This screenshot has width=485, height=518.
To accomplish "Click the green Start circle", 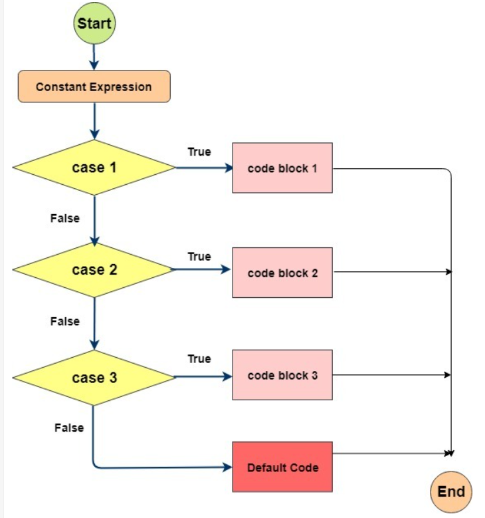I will pyautogui.click(x=94, y=23).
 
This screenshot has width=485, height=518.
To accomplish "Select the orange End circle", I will pyautogui.click(x=450, y=492).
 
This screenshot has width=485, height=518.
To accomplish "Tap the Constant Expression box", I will pyautogui.click(x=94, y=87).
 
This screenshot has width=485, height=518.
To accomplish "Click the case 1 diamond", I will pyautogui.click(x=94, y=168).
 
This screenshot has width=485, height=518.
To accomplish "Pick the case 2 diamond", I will pyautogui.click(x=94, y=270).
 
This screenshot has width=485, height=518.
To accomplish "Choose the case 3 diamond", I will pyautogui.click(x=94, y=378).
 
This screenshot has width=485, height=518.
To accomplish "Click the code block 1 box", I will pyautogui.click(x=282, y=168).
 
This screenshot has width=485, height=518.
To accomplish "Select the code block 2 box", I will pyautogui.click(x=282, y=273).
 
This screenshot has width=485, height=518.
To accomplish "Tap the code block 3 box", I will pyautogui.click(x=282, y=376).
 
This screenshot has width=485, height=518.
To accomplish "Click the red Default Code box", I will pyautogui.click(x=282, y=467).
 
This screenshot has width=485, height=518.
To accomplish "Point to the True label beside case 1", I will pyautogui.click(x=199, y=152).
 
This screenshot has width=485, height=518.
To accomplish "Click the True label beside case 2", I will pyautogui.click(x=199, y=256).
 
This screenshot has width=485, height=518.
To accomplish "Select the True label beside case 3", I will pyautogui.click(x=199, y=358).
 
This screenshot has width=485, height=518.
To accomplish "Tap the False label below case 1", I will pyautogui.click(x=64, y=218).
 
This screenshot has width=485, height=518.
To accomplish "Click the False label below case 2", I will pyautogui.click(x=64, y=321).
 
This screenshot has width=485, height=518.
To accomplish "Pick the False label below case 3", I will pyautogui.click(x=69, y=428).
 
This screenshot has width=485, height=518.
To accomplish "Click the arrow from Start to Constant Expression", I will pyautogui.click(x=94, y=57).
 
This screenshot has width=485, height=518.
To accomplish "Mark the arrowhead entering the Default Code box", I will pyautogui.click(x=227, y=467).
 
